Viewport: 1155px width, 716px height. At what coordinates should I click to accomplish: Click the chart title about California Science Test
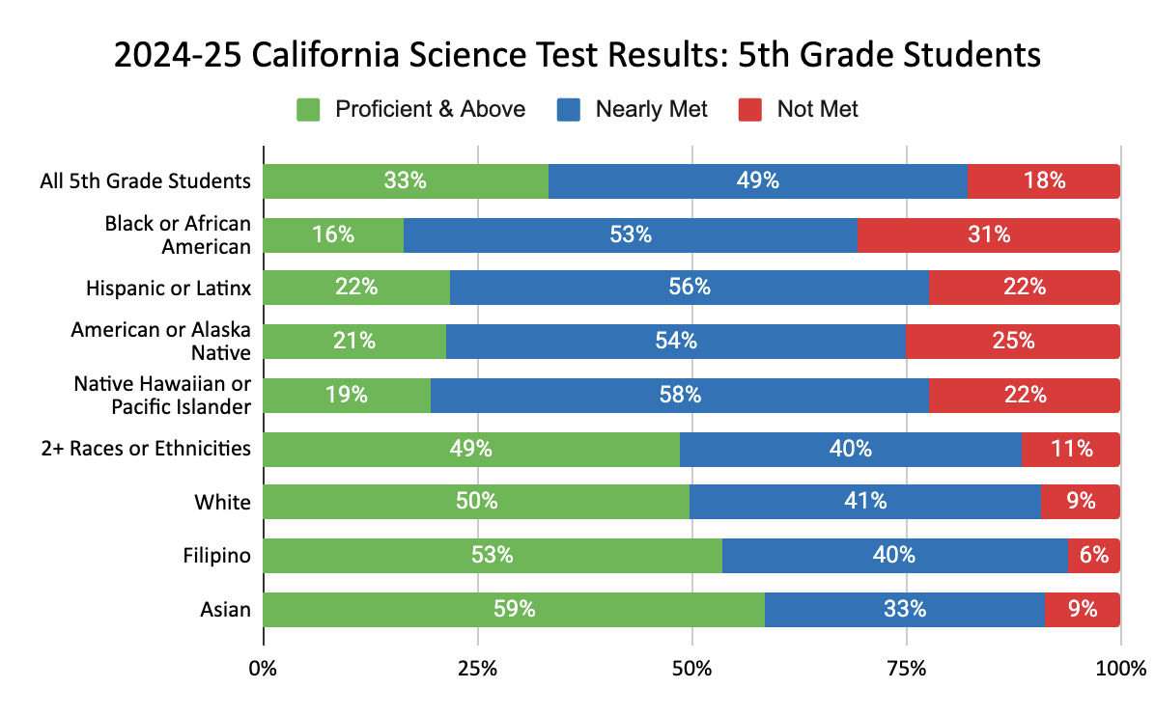(x=577, y=55)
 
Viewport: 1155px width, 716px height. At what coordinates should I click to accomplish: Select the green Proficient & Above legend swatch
(x=308, y=110)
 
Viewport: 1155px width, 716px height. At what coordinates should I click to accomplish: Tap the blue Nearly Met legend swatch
(x=569, y=110)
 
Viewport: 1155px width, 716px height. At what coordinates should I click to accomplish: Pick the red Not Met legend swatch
(x=750, y=110)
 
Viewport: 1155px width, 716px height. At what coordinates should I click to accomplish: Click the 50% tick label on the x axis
(x=691, y=668)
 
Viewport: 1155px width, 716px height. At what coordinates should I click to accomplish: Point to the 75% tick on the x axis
(x=906, y=668)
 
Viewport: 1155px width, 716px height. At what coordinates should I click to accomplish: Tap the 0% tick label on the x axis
(x=263, y=668)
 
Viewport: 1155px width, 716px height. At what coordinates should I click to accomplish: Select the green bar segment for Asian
(x=513, y=609)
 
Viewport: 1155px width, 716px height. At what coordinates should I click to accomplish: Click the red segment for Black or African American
(x=988, y=234)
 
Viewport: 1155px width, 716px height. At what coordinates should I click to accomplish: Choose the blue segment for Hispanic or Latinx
(x=689, y=288)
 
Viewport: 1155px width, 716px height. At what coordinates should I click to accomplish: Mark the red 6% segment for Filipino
(x=1093, y=555)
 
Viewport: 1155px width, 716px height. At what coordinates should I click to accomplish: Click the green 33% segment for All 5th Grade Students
(x=406, y=180)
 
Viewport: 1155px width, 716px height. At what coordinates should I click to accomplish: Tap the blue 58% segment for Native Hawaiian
(x=679, y=395)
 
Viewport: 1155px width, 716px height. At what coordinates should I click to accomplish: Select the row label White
(x=222, y=502)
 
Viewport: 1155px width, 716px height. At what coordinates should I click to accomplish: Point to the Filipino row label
(x=217, y=556)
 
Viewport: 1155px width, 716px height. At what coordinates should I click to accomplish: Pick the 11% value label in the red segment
(x=1072, y=449)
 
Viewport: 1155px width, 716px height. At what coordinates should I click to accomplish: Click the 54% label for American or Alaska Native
(x=676, y=341)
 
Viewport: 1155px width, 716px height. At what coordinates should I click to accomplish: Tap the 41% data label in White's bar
(x=865, y=502)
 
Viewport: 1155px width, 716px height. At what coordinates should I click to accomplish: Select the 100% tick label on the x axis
(x=1120, y=668)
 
